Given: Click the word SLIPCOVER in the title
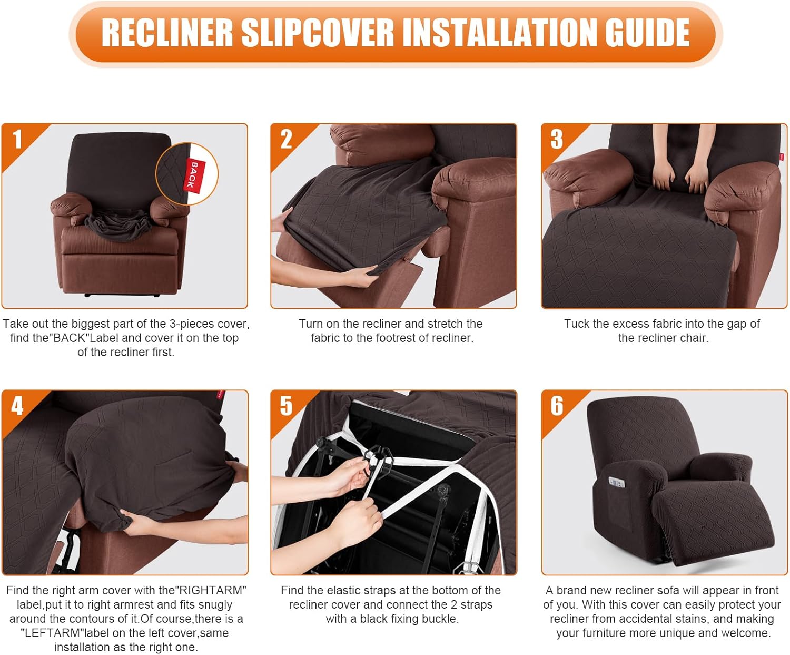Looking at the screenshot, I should tap(318, 33).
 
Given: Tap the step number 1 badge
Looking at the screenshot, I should tap(17, 139).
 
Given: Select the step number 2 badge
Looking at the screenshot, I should tap(286, 139).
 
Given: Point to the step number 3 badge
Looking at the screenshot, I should tap(557, 139).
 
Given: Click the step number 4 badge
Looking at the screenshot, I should tap(17, 406).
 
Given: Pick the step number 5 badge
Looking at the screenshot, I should tap(286, 406).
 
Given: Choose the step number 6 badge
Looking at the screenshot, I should tap(557, 406).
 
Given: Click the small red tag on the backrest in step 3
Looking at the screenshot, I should tap(782, 157).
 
